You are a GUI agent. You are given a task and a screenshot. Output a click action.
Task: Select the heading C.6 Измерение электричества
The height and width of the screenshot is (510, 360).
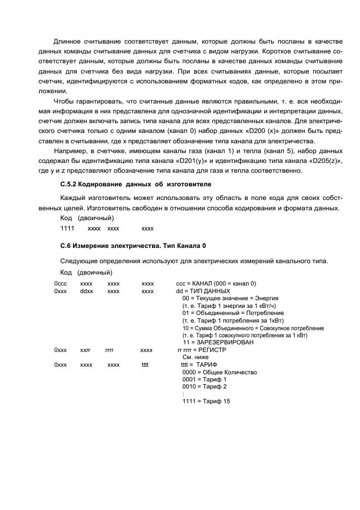point(133,246)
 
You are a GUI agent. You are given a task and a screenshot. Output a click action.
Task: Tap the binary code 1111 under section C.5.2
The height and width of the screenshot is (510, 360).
point(67,228)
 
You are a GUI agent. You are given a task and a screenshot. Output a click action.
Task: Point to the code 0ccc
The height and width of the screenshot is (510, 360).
point(60,284)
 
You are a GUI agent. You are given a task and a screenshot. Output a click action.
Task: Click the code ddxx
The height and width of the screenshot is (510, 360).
point(87,292)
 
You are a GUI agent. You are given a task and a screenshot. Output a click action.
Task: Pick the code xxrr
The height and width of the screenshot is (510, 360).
point(86,349)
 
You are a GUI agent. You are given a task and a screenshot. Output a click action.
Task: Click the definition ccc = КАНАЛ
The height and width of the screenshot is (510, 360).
point(216,284)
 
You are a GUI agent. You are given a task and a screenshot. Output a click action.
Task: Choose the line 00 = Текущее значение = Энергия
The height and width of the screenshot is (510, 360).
point(230,299)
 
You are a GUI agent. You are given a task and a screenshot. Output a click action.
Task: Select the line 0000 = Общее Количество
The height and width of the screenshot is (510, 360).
point(219,372)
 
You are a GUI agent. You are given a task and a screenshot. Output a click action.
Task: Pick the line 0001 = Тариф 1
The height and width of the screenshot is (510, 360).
point(204,379)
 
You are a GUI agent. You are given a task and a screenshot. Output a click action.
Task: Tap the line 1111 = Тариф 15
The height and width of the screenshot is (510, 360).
point(206,401)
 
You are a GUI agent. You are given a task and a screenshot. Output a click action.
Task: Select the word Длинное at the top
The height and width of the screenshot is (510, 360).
point(68,42)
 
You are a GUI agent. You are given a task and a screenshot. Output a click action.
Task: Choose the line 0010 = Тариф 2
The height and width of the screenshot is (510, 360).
point(204,386)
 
